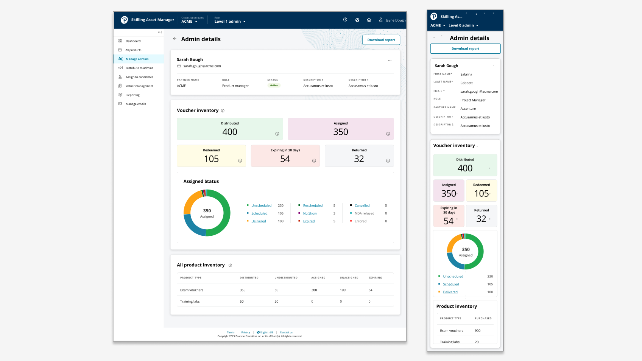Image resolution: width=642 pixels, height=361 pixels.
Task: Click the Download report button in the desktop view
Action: click(381, 40)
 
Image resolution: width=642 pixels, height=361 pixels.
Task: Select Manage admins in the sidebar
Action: click(137, 59)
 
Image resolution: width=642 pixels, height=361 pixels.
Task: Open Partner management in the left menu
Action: click(139, 86)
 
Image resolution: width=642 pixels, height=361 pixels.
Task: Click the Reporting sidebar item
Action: click(133, 95)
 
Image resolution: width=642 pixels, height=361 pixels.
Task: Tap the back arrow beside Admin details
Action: click(175, 39)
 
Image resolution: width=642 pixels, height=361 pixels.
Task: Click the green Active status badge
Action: click(274, 86)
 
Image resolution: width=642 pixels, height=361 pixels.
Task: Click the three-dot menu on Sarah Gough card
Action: click(390, 60)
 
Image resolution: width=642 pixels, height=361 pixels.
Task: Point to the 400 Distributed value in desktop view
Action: click(230, 132)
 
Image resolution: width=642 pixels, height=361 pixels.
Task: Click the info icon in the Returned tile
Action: click(388, 161)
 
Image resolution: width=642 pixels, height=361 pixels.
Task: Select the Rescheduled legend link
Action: click(313, 205)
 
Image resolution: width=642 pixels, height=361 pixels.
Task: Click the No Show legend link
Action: click(310, 213)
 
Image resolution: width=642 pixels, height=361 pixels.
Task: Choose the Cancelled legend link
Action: click(362, 205)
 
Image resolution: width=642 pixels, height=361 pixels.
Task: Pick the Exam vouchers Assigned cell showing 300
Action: click(314, 290)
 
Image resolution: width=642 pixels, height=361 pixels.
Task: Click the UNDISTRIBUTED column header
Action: click(286, 278)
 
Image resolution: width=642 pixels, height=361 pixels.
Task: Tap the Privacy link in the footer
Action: click(246, 333)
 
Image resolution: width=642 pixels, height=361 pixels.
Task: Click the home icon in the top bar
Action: click(369, 20)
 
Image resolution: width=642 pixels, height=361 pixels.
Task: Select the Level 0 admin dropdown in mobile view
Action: click(463, 26)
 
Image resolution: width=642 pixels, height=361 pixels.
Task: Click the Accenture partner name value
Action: click(468, 109)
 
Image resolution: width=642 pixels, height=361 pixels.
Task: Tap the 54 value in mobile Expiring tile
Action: click(449, 221)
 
